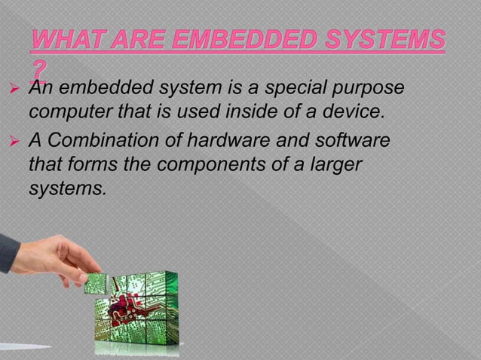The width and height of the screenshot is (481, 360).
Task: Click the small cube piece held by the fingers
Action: (96, 282)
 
